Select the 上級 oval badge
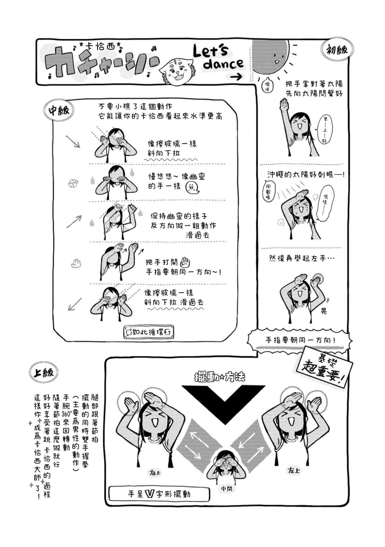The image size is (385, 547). coord(43,373)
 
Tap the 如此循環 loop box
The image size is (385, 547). coord(148,332)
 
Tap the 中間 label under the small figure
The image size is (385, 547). coord(227,489)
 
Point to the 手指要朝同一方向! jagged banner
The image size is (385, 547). coord(300,340)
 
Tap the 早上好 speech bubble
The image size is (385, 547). coord(324,129)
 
